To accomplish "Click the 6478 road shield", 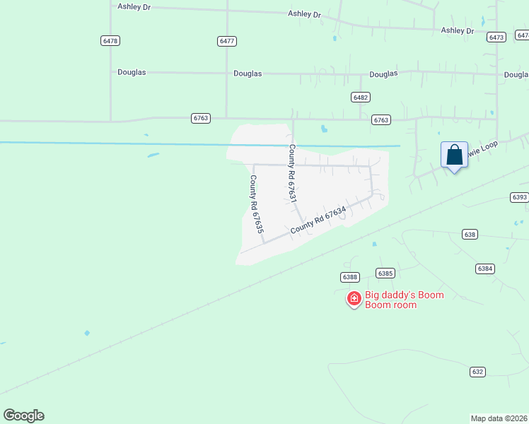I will point(110,41).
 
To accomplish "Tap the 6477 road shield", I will point(227,41).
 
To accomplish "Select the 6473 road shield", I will point(496,37).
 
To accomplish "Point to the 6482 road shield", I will point(361,97).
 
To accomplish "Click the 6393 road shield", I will point(519,197).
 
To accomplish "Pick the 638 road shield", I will point(470,234).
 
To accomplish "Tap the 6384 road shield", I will point(485,269).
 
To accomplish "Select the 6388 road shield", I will point(349,277).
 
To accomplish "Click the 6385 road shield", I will point(385,273).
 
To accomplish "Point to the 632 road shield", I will point(477,371).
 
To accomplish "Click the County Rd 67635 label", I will point(256,205).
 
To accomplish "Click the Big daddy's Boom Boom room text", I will point(404,300).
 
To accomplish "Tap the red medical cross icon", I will point(354,299).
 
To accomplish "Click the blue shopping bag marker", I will point(454,155).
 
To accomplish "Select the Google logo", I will point(23,416).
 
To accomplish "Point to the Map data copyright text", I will point(499,418).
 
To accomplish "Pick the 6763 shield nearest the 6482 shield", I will point(381,120).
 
